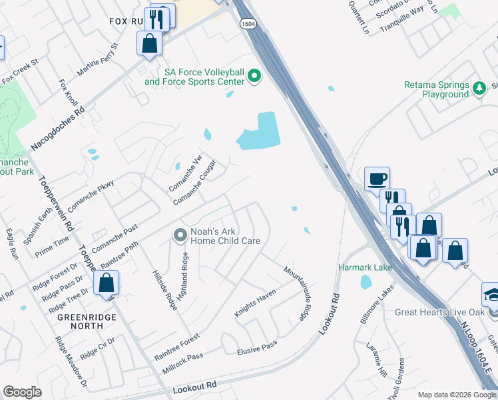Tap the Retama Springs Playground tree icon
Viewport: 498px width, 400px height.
[x=478, y=88]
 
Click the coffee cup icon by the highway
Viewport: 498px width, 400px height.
[x=377, y=179]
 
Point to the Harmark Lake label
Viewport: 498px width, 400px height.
[x=365, y=267]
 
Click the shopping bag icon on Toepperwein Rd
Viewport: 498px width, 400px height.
[x=106, y=283]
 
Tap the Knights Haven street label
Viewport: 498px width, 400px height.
[x=255, y=303]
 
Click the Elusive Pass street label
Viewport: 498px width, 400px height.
[x=257, y=347]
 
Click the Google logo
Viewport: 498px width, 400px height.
[x=23, y=392]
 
